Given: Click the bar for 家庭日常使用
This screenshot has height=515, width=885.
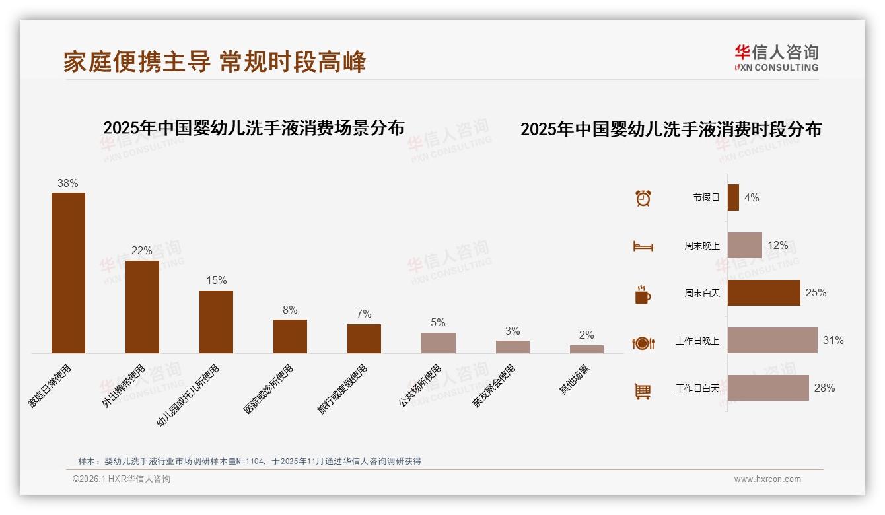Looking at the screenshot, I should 68,273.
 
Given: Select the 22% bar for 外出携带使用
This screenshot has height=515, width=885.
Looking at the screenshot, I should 142,306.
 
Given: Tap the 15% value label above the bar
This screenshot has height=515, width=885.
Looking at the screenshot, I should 216,280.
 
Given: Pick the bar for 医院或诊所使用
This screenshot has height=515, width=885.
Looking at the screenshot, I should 290,336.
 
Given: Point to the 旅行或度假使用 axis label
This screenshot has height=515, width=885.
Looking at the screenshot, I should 343,390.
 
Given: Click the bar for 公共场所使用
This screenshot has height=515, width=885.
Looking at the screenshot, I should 438,343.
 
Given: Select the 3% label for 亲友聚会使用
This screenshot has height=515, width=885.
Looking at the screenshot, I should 513,331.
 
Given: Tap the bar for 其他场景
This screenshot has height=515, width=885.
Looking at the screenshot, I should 586,349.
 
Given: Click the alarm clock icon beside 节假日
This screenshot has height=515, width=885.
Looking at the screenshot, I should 643,197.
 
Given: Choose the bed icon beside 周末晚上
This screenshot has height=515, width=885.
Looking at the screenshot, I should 643,246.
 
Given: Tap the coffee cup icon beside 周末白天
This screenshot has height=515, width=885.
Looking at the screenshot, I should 643,294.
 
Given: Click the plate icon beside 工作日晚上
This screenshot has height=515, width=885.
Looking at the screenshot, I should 643,342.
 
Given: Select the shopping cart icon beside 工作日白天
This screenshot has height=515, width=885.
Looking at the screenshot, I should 643,391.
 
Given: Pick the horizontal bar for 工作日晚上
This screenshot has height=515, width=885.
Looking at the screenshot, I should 772,341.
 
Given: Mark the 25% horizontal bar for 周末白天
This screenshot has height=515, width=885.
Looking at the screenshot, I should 763,292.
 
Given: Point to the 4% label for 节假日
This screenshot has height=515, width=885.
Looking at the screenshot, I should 752,197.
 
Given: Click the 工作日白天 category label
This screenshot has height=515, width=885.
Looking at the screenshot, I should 697,388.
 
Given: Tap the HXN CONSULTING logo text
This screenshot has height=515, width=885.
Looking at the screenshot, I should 776,67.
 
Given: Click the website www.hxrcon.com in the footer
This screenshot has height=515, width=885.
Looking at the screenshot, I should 767,479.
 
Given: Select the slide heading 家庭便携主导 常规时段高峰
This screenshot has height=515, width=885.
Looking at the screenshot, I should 215,62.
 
